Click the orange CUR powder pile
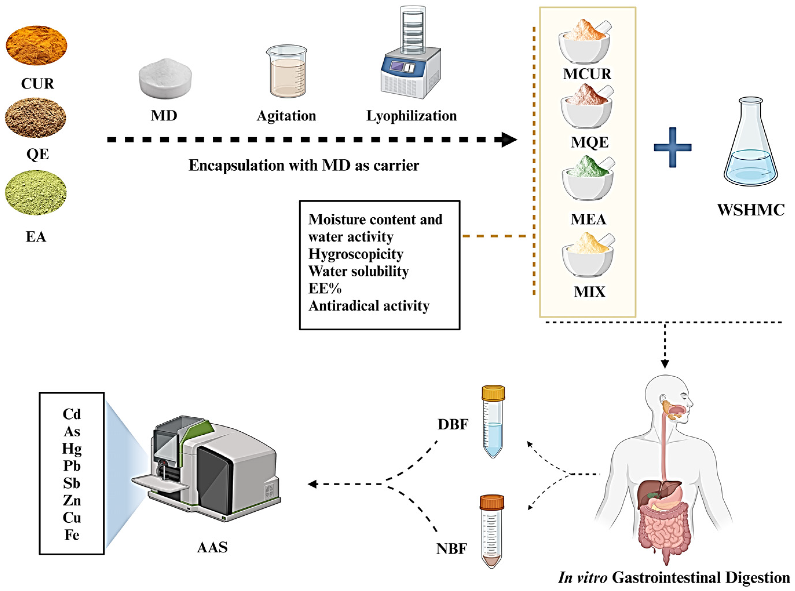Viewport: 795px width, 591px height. (36, 45)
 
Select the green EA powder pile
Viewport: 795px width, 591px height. (36, 193)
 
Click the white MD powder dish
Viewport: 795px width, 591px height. (165, 79)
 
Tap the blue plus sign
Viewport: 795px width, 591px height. (672, 147)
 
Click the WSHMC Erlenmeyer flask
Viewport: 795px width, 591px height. (750, 147)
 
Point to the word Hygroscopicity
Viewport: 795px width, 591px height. (356, 254)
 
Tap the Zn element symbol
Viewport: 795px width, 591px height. (72, 500)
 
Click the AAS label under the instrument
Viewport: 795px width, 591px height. (212, 547)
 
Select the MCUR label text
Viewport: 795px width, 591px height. (587, 74)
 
